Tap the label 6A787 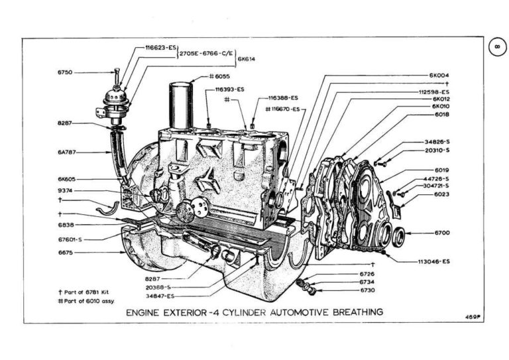[68, 152]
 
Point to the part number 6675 [66, 253]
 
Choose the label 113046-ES [434, 261]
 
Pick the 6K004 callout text [439, 75]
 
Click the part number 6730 [367, 290]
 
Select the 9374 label [66, 190]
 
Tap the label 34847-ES [160, 296]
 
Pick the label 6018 [441, 115]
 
